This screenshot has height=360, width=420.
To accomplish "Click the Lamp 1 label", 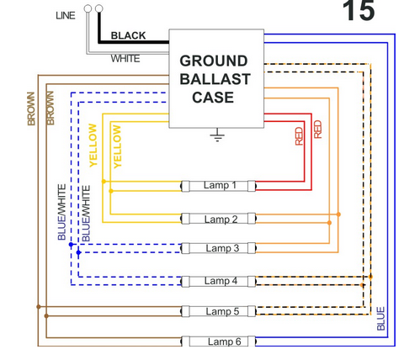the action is [220, 185].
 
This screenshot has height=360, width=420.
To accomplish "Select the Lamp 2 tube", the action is [219, 219].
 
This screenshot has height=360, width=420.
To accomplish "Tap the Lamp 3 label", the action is [222, 248].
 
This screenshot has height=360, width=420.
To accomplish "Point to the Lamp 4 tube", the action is [219, 281].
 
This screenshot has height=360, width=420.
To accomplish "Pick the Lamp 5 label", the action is [222, 311].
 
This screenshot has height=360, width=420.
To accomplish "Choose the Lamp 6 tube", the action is [219, 341].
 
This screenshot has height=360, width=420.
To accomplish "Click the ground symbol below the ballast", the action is [217, 135].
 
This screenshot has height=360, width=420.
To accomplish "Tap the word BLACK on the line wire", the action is [128, 35].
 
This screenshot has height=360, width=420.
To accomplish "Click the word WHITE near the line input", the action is [125, 59].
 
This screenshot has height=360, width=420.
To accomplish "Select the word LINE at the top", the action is [66, 15].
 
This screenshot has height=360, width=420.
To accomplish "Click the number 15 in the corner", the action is [359, 11].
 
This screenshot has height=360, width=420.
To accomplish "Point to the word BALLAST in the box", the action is [215, 79].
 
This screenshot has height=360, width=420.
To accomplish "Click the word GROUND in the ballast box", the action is [214, 61].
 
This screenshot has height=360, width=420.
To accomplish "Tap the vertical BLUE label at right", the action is [380, 319].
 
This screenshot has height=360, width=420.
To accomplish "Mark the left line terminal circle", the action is [88, 8].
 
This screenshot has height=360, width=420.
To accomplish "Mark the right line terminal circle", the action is [99, 8].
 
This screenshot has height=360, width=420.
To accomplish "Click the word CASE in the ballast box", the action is [213, 98].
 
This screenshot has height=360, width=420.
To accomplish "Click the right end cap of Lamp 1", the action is [252, 186].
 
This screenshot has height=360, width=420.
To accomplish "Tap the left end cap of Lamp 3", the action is [185, 248].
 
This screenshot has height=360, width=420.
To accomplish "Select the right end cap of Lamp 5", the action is [252, 311].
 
